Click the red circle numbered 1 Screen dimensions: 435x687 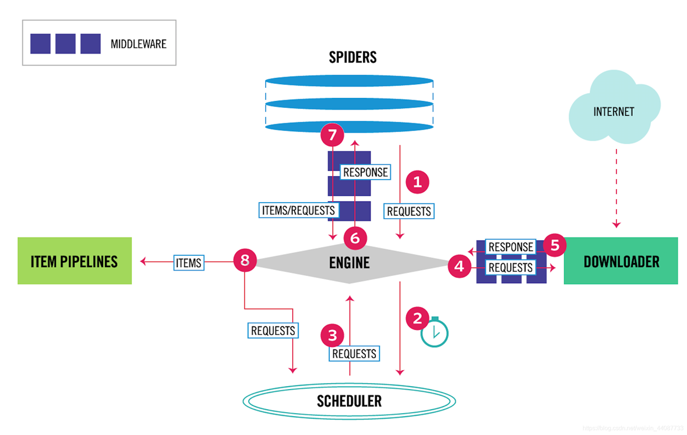click(418, 182)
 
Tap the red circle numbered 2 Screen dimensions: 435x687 click(418, 318)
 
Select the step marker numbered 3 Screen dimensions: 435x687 click(332, 335)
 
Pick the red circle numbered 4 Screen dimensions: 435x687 click(460, 267)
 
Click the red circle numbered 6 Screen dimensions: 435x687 click(355, 238)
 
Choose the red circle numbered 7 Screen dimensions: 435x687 click(332, 136)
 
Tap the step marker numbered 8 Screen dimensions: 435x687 click(245, 260)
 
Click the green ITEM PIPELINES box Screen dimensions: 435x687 click(75, 261)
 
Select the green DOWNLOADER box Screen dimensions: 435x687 click(620, 261)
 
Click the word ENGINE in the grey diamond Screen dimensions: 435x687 click(349, 262)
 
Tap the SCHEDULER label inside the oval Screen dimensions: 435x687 click(349, 401)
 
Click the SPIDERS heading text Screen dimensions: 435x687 click(352, 57)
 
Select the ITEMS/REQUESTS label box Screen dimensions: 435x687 click(298, 210)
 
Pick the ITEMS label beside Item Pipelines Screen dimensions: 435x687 click(189, 263)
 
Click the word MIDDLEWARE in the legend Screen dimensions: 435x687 click(138, 44)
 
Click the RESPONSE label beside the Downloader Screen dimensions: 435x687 click(510, 247)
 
